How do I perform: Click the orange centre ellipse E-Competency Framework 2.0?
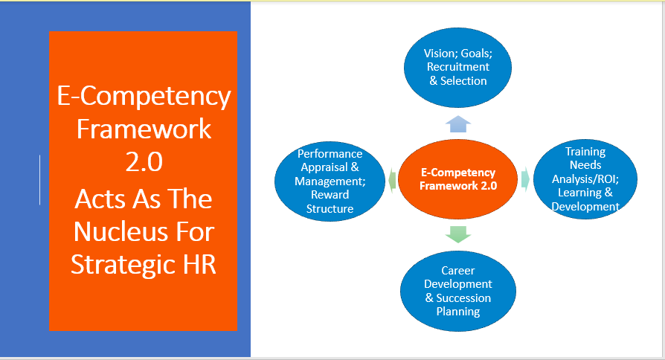[x=458, y=179]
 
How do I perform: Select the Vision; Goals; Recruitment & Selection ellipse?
[x=457, y=68]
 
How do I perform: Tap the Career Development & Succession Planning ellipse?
[x=458, y=291]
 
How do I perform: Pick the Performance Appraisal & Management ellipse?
[x=330, y=181]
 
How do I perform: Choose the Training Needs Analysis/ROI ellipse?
[x=585, y=179]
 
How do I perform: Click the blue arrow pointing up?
[x=458, y=124]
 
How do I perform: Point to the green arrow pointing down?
[x=458, y=234]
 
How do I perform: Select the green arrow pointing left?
[x=392, y=180]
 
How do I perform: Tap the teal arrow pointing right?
[x=525, y=179]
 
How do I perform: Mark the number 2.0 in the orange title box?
[x=144, y=161]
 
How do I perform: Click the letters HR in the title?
[x=199, y=264]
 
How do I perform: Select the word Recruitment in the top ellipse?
[x=458, y=67]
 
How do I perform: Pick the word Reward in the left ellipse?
[x=330, y=195]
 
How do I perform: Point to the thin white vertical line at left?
[x=40, y=180]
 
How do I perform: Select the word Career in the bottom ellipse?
[x=458, y=271]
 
